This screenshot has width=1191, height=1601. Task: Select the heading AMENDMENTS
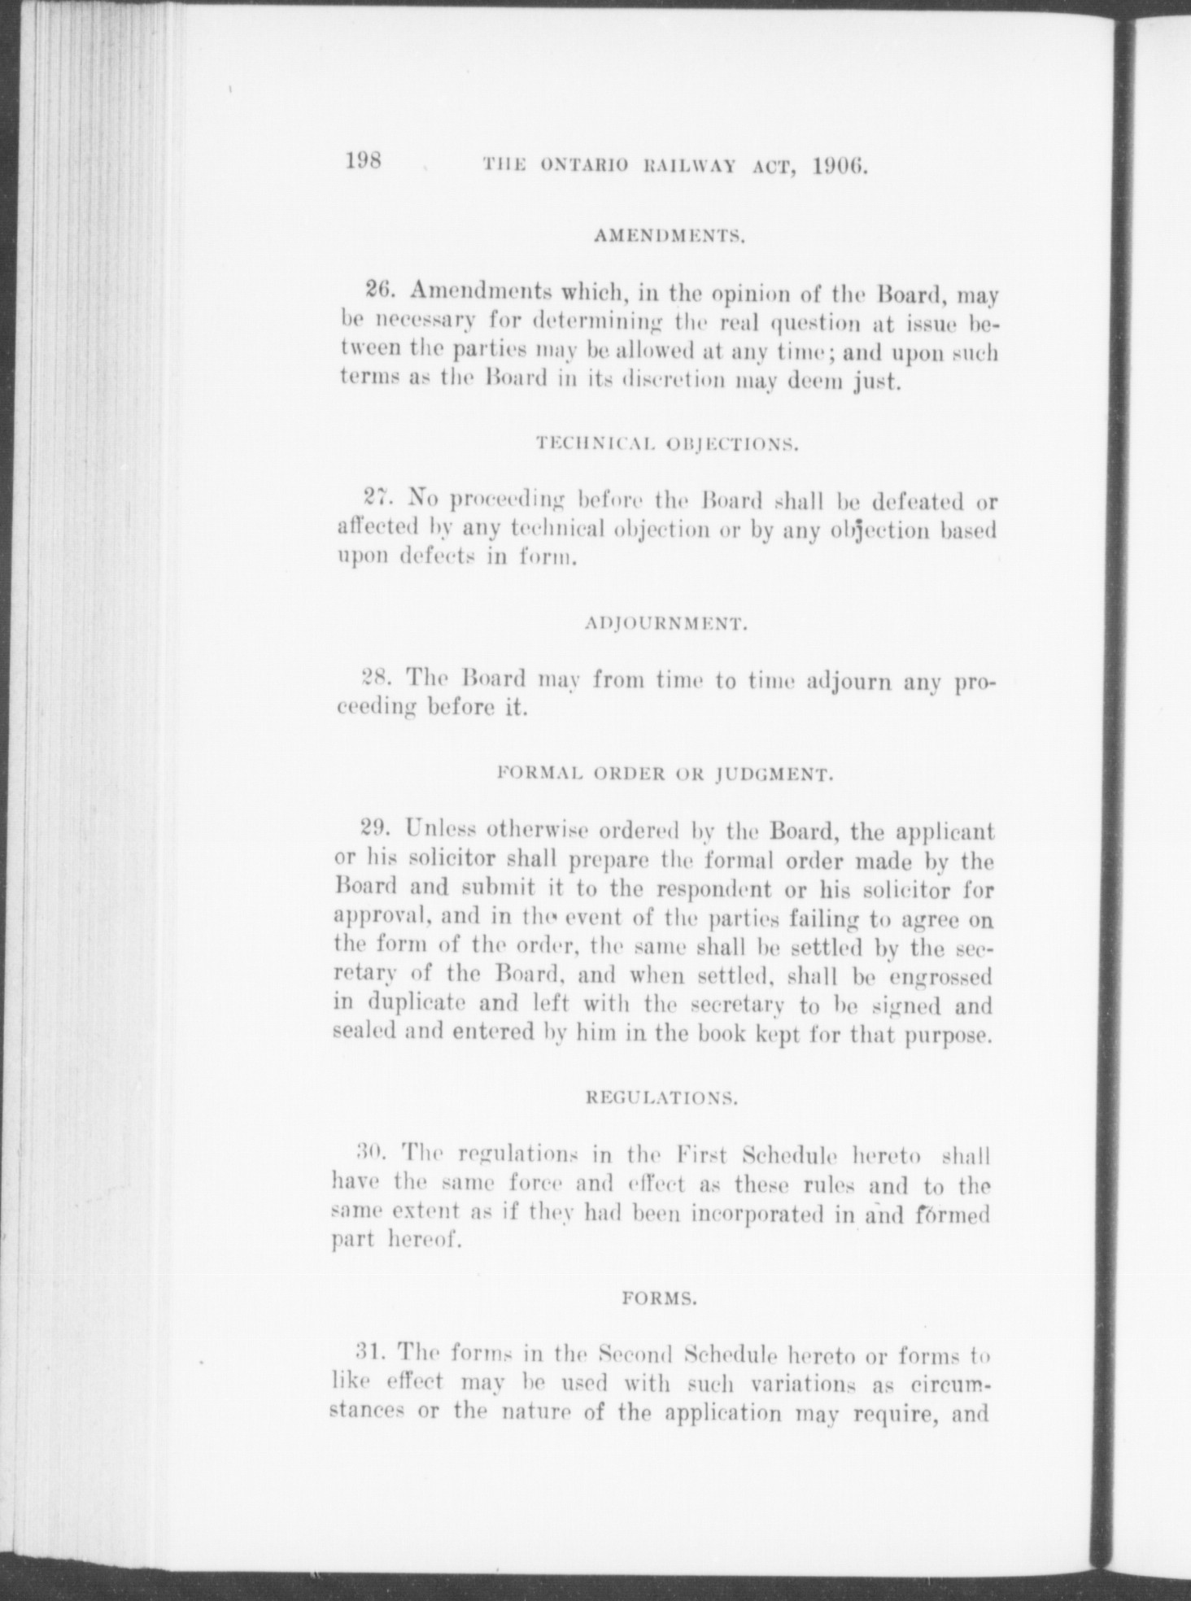click(671, 237)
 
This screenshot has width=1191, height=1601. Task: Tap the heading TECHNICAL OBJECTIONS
click(667, 444)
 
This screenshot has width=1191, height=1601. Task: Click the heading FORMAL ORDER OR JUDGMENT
click(665, 774)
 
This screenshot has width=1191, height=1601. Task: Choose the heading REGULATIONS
click(662, 1097)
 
